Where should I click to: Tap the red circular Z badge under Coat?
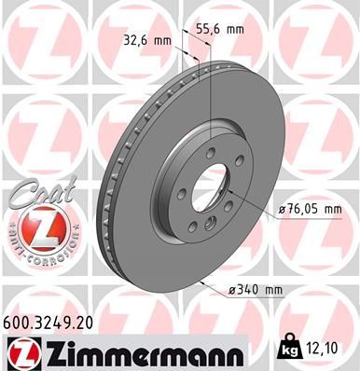35,228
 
